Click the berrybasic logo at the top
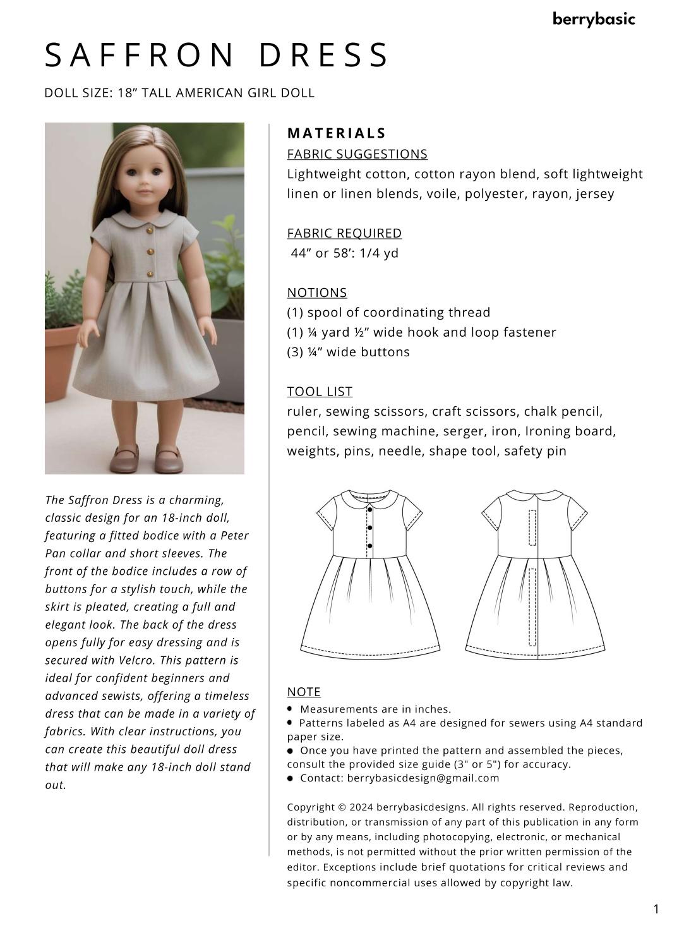tap(593, 20)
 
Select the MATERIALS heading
tap(336, 133)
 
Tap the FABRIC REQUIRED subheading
tap(344, 233)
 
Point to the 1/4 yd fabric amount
tap(379, 253)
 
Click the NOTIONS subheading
tap(317, 292)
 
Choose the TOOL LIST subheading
tap(320, 392)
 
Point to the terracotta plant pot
tap(60, 360)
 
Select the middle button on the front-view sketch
tap(369, 527)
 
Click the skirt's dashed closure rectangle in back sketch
tap(532, 606)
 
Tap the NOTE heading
tap(304, 692)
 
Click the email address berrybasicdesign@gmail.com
tap(423, 778)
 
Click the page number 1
tap(656, 909)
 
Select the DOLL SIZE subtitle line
tap(179, 93)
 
